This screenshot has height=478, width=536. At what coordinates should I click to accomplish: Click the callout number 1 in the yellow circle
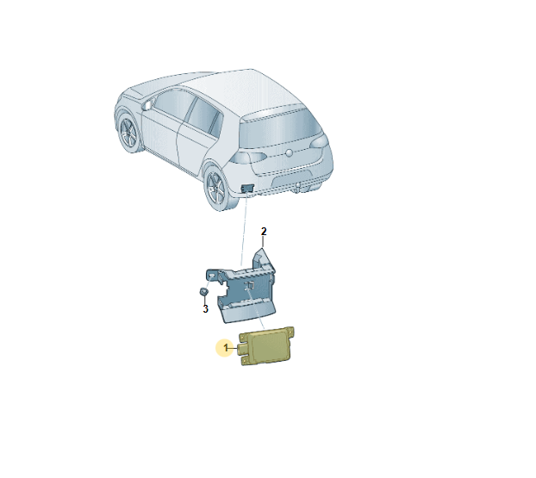[x=226, y=348]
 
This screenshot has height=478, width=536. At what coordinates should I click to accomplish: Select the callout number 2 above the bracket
[x=264, y=232]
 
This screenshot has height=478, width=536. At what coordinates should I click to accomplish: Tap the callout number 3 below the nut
[x=205, y=309]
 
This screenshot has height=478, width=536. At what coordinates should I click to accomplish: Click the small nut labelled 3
[x=203, y=292]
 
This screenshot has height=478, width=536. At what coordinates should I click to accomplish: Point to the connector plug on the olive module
[x=242, y=349]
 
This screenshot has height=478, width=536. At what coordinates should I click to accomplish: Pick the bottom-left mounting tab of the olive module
[x=246, y=361]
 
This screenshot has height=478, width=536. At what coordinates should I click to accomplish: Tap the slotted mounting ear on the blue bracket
[x=212, y=275]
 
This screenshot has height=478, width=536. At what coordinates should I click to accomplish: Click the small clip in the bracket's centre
[x=250, y=285]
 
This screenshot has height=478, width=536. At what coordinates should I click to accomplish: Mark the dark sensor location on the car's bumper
[x=247, y=189]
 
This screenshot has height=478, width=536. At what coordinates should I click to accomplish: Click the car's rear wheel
[x=216, y=189]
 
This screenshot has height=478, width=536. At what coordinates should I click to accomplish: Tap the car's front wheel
[x=129, y=133]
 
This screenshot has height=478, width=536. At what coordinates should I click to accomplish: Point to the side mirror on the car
[x=147, y=104]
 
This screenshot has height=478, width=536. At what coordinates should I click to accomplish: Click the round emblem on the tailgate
[x=290, y=153]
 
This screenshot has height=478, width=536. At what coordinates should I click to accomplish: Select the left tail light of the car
[x=248, y=158]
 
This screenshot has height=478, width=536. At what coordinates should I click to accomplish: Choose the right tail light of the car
[x=319, y=141]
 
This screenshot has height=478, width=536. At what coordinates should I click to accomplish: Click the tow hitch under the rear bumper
[x=298, y=186]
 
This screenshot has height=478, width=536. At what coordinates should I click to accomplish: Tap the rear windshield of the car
[x=279, y=129]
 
